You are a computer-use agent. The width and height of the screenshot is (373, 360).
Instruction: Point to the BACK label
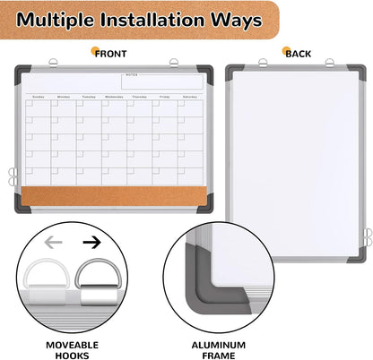tap(298, 54)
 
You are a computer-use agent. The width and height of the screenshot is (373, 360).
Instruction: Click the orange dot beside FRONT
tap(96, 54)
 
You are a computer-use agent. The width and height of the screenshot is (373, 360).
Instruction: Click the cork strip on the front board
tap(117, 194)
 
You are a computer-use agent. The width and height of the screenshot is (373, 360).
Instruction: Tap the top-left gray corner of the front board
tap(22, 71)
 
